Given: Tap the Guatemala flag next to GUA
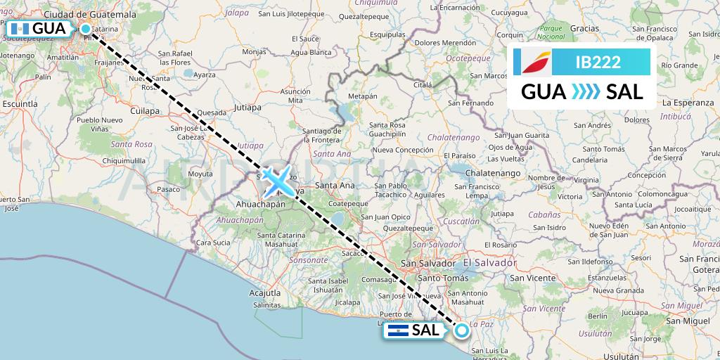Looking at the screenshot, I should [19, 29].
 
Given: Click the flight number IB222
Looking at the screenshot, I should [598, 62].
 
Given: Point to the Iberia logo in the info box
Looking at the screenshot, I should [533, 62].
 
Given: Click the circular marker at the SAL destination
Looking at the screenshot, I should [462, 330].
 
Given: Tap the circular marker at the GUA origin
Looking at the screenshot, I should [86, 29].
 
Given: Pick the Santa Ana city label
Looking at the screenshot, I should [334, 186].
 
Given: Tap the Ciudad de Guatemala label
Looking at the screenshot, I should [89, 14].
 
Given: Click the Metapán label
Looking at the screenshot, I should [363, 96].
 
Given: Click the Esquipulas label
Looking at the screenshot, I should [389, 33].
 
